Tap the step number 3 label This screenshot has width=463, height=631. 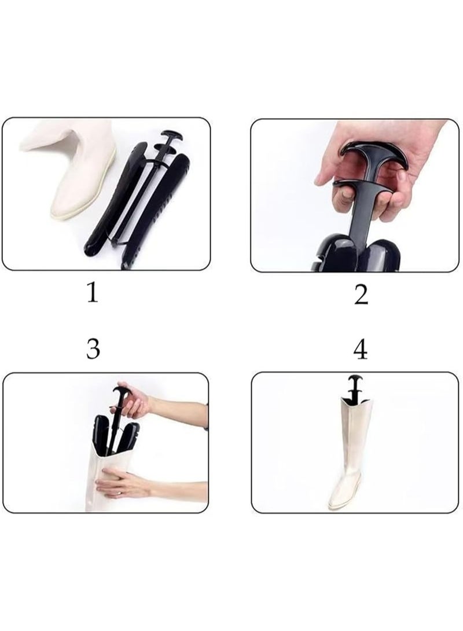tap(93, 349)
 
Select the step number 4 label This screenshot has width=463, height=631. tap(361, 349)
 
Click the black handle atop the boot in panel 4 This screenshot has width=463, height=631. tap(354, 384)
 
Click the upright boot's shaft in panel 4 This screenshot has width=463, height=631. tap(353, 440)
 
